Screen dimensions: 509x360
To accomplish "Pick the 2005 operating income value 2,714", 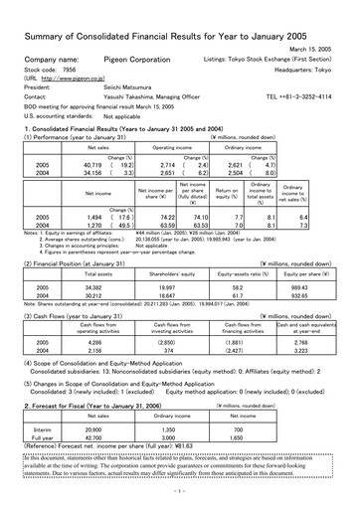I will tap(166, 166).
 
